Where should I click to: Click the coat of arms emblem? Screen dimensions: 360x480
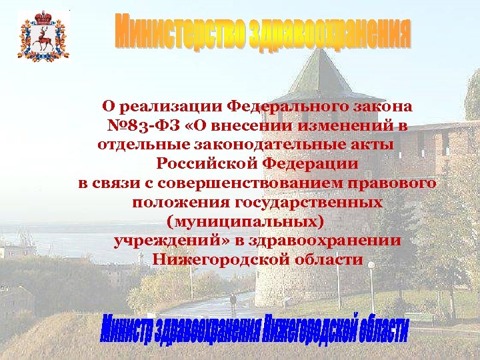coord(43,37)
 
